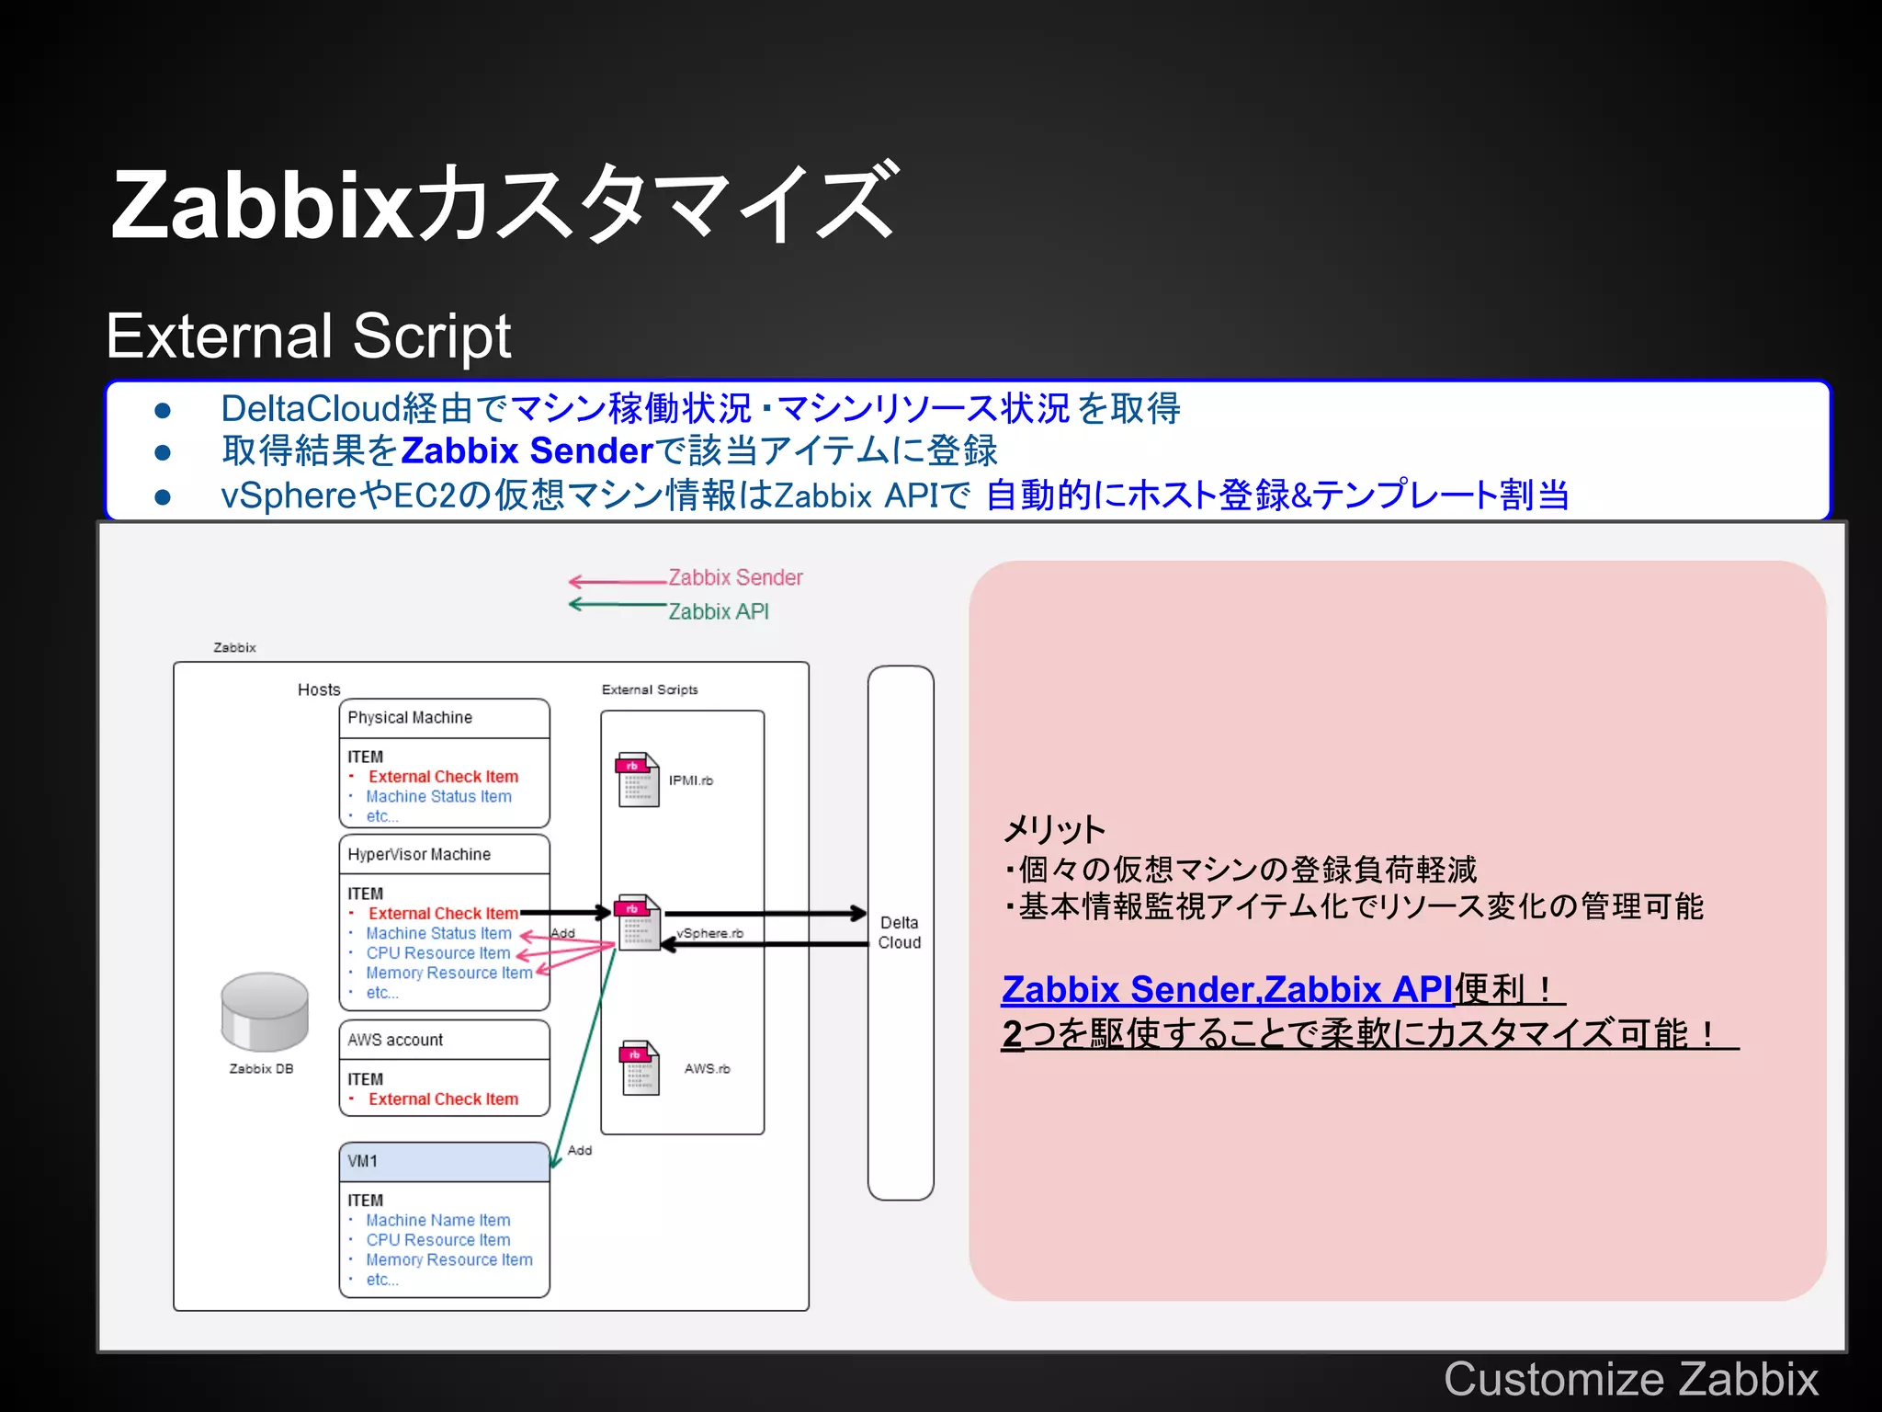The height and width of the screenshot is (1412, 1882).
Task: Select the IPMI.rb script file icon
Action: pos(639,780)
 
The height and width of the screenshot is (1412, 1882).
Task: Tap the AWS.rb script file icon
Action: pos(641,1067)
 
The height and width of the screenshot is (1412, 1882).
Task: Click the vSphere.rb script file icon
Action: pos(639,923)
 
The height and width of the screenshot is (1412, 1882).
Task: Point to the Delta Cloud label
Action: pos(900,932)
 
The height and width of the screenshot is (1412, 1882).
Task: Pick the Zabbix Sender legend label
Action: pos(735,577)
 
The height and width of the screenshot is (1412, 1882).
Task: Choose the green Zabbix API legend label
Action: pos(719,611)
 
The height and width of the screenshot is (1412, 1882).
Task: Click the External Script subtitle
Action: pos(308,336)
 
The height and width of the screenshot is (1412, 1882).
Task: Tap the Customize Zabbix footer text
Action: pos(1630,1378)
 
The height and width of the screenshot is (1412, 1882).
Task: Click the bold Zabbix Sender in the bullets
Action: pos(527,450)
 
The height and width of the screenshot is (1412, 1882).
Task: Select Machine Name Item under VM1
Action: pos(437,1220)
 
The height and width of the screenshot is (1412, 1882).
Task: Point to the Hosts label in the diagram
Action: pos(319,689)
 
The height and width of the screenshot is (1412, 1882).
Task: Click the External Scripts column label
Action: pos(650,689)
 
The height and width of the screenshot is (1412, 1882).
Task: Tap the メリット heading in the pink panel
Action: pos(1054,829)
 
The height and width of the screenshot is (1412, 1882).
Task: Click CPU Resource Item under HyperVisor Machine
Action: pos(437,953)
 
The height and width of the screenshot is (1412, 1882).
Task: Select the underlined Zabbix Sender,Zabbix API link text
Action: pos(1227,989)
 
